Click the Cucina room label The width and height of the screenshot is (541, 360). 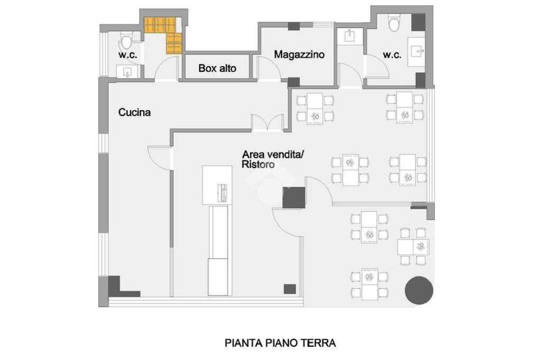[134, 112]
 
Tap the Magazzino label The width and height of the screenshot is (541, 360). [299, 54]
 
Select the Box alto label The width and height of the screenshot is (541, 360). [217, 68]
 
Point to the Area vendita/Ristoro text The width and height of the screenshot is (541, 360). [273, 159]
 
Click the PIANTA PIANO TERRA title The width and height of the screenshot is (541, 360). [280, 343]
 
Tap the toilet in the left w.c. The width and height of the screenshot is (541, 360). [126, 41]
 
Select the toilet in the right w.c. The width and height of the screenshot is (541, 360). [393, 23]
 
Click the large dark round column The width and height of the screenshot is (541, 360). [419, 290]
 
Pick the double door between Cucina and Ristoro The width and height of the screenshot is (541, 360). [267, 123]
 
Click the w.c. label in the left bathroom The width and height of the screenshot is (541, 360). [128, 54]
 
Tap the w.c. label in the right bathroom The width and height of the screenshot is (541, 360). [393, 54]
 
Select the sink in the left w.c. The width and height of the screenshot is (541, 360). [127, 72]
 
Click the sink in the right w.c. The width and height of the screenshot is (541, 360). [416, 52]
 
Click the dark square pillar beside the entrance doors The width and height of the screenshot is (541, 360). [294, 197]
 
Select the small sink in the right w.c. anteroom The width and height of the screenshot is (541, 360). [350, 36]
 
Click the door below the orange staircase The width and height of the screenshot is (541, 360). [166, 69]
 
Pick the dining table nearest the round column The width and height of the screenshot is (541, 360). [413, 247]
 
